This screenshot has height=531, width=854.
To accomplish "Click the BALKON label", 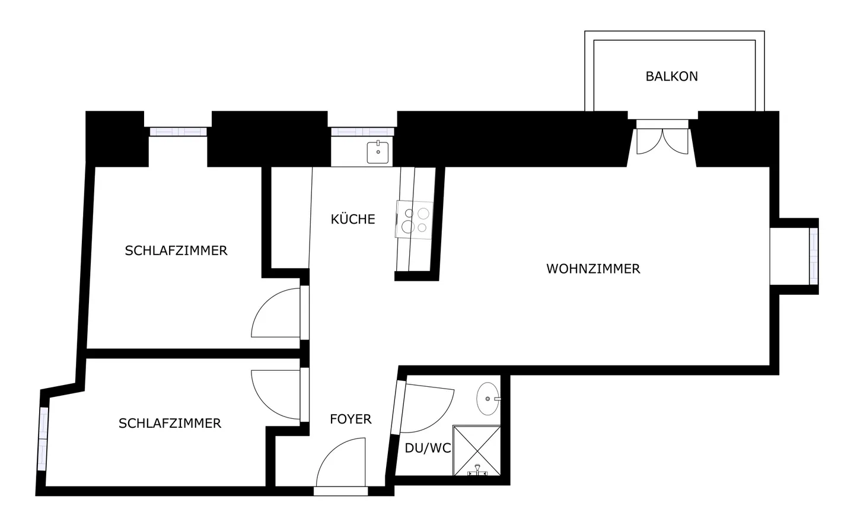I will (671, 77).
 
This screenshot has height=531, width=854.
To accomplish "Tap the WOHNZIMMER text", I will (593, 269).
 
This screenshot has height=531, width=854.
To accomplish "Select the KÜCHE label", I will (353, 220).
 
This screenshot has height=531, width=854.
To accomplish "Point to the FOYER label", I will (350, 419).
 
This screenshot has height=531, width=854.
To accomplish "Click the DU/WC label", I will (428, 449).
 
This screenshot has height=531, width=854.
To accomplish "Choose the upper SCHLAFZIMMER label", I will (176, 251).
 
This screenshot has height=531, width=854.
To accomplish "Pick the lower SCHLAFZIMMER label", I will (170, 424).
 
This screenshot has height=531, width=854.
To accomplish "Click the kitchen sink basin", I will (378, 152).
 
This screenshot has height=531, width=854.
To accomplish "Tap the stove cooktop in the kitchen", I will (415, 220).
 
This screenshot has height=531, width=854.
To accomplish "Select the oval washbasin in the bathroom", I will (488, 399).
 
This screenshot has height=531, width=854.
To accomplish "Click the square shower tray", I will (477, 450).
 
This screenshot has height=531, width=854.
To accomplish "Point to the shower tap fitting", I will (477, 470).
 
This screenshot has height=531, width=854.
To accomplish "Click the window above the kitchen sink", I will (362, 132).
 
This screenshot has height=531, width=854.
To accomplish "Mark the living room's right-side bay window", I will (813, 256).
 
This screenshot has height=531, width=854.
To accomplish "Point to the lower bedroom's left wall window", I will (43, 438).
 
